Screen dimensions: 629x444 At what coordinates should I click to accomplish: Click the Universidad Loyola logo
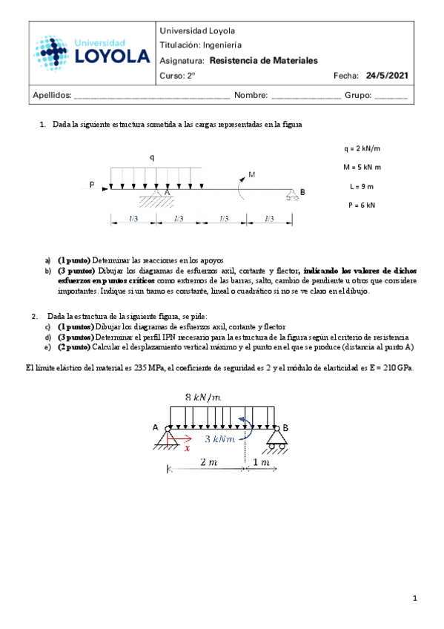point(91,53)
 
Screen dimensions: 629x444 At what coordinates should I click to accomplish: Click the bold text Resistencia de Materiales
point(264,60)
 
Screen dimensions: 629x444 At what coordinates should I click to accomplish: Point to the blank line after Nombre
point(306,96)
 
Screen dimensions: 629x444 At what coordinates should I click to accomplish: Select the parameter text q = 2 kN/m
point(362,149)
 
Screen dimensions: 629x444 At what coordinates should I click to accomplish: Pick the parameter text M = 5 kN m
point(362,168)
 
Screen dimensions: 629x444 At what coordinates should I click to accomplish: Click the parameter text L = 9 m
point(362,186)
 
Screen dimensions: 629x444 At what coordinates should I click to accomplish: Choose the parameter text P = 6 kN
point(362,205)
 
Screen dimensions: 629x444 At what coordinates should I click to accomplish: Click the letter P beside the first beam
point(92,185)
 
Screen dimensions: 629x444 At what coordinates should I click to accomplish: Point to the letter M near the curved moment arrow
point(252,175)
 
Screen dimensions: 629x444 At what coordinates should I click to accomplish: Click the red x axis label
point(187,448)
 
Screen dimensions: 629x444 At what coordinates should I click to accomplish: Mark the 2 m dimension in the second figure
point(208,462)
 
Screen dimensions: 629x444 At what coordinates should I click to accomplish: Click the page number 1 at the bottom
point(417,598)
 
